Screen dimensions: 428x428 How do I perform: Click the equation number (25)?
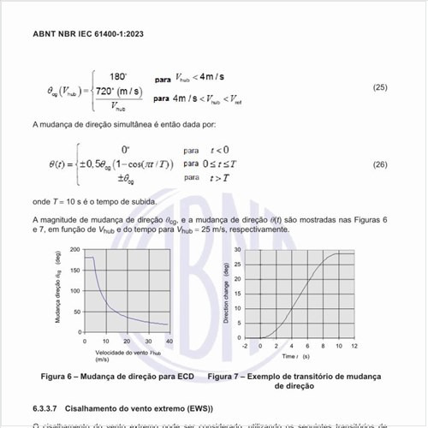(381, 88)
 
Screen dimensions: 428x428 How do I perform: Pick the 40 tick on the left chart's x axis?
(169, 342)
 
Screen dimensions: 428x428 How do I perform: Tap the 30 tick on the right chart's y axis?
(238, 250)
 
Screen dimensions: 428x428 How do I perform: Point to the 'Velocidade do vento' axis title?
(124, 351)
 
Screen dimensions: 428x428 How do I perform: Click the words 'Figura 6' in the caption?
(57, 377)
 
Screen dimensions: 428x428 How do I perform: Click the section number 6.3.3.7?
(48, 406)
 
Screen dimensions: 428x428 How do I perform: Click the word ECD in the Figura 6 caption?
(186, 377)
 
